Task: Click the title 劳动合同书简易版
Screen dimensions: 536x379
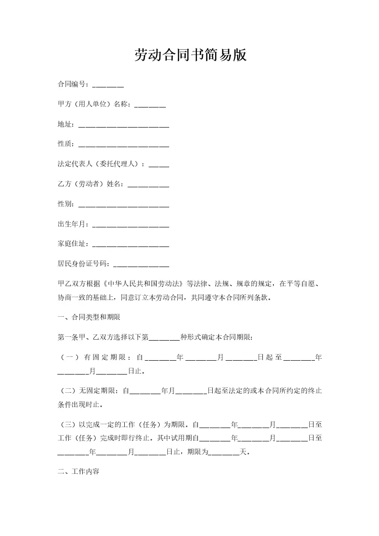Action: point(190,55)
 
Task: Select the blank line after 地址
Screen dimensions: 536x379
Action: point(123,125)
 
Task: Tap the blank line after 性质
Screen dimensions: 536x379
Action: point(123,145)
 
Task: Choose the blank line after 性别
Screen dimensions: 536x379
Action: point(123,204)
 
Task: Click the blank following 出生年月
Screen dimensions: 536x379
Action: point(130,225)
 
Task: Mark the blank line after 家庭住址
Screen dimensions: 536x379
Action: point(130,245)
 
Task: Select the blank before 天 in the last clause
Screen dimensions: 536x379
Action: point(224,452)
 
